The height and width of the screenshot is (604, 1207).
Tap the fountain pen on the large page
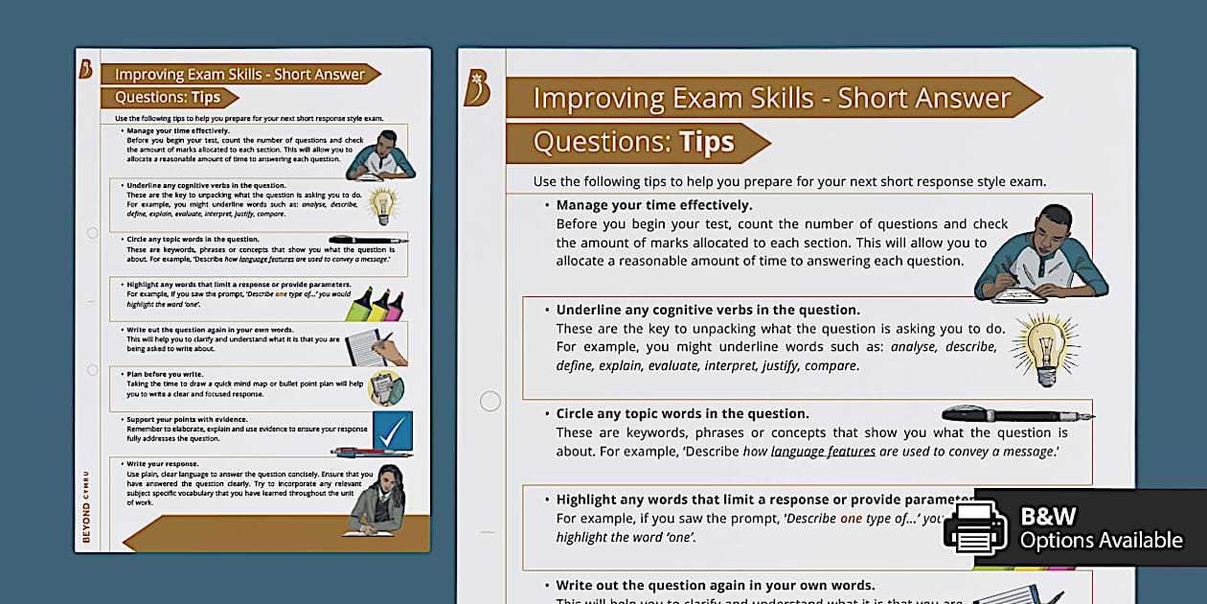pos(1017,414)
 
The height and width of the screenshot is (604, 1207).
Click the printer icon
pos(975,526)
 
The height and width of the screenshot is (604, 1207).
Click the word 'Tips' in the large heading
pos(706,143)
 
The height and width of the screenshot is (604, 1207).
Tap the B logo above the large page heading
pos(476,88)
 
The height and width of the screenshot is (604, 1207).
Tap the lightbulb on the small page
pos(383,205)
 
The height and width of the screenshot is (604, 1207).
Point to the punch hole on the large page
pos(490,401)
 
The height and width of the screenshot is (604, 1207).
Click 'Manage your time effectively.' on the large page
pos(654,205)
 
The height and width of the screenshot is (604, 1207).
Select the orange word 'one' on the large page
pos(851,519)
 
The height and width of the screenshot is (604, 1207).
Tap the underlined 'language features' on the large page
pos(823,452)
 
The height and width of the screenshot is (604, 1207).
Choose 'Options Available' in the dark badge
pos(1101,541)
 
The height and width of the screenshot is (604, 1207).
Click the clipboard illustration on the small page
pos(385,388)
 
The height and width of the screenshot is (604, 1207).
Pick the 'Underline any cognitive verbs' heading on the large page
pos(708,310)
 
